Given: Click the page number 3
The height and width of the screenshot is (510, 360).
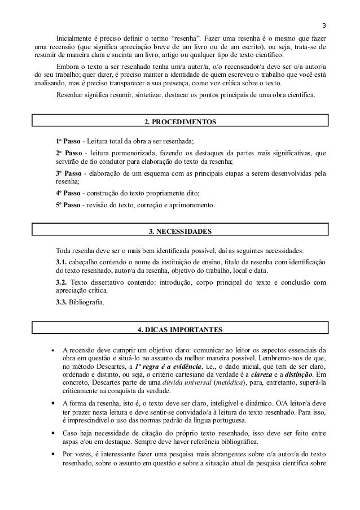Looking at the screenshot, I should tap(324, 24).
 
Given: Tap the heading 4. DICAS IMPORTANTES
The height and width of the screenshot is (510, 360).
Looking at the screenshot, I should tap(180, 329).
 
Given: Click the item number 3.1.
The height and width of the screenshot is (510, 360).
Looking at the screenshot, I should tap(62, 262).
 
